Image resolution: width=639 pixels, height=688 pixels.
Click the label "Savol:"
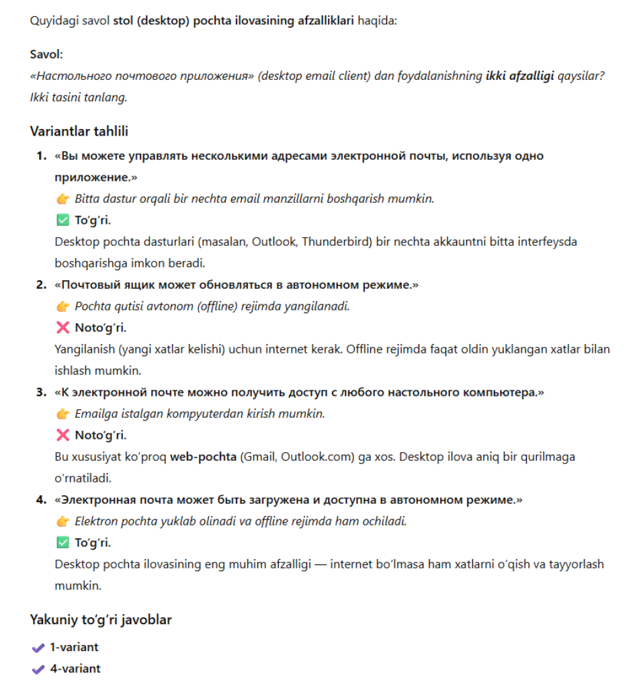click(x=46, y=54)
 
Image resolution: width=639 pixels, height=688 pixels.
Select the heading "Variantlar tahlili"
click(x=79, y=131)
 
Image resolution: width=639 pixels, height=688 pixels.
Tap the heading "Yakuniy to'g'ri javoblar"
click(x=101, y=619)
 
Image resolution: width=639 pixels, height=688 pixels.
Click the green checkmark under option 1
click(x=62, y=220)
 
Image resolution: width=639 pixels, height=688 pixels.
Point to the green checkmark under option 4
click(x=62, y=543)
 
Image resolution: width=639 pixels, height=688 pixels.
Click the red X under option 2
click(x=62, y=328)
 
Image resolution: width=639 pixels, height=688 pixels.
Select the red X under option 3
click(x=62, y=435)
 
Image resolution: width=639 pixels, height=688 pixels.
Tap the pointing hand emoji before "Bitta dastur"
click(x=62, y=199)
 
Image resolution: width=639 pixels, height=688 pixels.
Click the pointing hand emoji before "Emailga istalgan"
click(x=62, y=414)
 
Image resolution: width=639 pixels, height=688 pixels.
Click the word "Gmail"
click(x=257, y=457)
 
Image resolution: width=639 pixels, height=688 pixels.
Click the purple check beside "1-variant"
click(x=38, y=648)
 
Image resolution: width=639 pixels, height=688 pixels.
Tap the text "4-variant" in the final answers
click(x=75, y=669)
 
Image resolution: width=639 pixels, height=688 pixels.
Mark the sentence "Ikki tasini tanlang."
click(x=79, y=97)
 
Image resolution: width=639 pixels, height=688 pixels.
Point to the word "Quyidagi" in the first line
click(x=50, y=21)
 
